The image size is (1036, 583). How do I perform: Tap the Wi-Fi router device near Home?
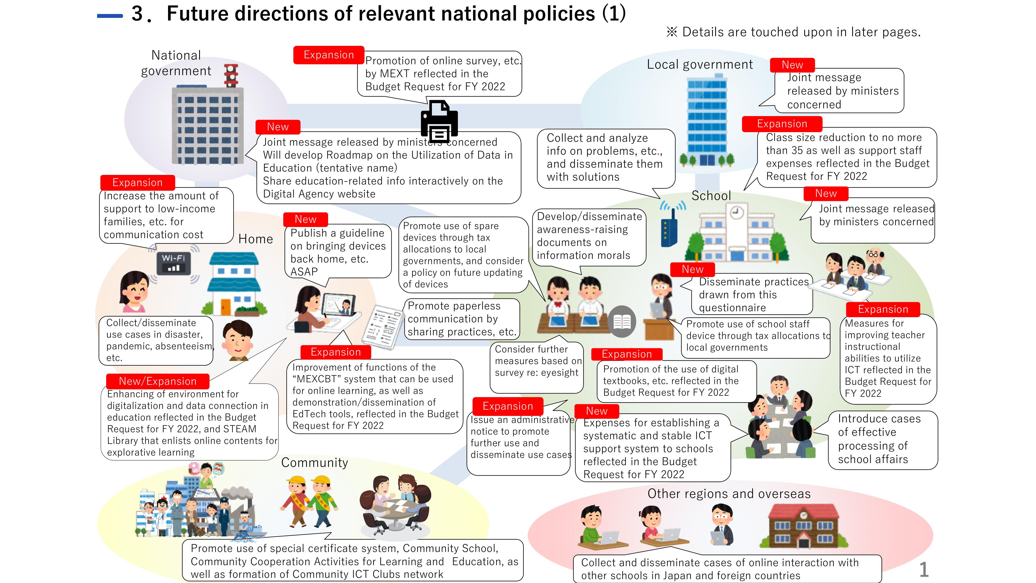click(x=174, y=264)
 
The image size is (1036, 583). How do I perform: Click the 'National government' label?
click(x=176, y=63)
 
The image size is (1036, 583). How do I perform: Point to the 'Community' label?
click(x=315, y=463)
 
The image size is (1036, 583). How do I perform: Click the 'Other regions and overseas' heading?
click(x=729, y=494)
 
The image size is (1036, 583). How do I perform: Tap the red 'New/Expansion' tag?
click(x=158, y=381)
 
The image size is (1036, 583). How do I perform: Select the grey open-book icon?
click(x=622, y=322)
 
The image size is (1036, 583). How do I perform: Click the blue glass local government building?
click(x=707, y=121)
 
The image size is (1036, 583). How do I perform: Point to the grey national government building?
click(x=207, y=125)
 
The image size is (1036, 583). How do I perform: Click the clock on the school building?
click(x=736, y=212)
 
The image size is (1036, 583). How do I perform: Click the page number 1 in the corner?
click(x=924, y=569)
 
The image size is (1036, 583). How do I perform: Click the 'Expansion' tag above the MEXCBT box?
click(x=336, y=352)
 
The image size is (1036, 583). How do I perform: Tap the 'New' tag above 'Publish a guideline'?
click(x=306, y=219)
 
